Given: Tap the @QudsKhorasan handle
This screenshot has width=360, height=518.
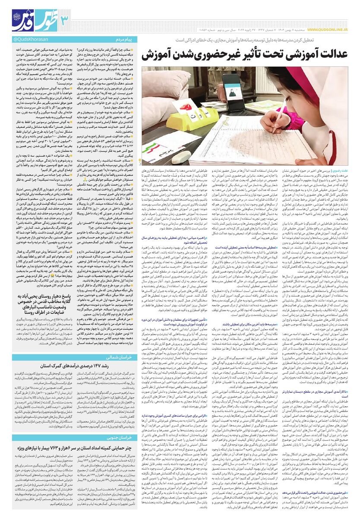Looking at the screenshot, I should click(22, 40).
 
